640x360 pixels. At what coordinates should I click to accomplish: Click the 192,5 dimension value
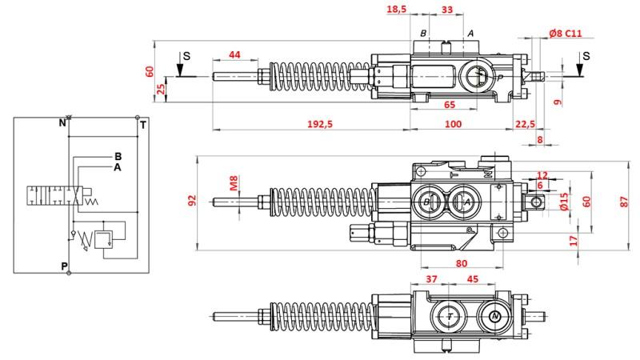tap(320, 124)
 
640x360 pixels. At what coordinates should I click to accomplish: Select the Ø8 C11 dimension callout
tap(566, 34)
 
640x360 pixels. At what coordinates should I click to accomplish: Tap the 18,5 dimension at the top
tap(397, 9)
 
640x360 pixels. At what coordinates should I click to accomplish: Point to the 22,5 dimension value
tap(525, 124)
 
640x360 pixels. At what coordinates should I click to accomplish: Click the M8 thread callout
tap(234, 183)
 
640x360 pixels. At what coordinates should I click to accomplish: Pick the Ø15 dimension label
tap(564, 202)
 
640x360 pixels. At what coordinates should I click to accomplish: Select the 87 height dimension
tap(624, 202)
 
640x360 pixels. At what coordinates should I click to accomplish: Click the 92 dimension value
tap(192, 200)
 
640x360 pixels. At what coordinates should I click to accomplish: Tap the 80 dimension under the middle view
tap(462, 264)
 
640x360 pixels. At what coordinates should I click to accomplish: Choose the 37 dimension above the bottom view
tap(431, 279)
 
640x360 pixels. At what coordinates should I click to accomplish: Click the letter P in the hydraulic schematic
tap(64, 266)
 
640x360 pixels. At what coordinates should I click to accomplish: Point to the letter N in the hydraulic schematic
tap(62, 122)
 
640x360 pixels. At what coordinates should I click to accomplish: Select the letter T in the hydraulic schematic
tap(143, 125)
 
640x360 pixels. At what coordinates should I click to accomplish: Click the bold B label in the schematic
tap(118, 156)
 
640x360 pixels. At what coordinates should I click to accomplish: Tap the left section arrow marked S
tap(179, 66)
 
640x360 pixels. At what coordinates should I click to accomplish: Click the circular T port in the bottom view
tap(450, 316)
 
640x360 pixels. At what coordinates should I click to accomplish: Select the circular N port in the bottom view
tap(495, 316)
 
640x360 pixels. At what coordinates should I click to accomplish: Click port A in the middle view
tap(465, 202)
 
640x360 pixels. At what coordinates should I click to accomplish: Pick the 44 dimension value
tap(234, 54)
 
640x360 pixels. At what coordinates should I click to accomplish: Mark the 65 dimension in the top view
tap(450, 105)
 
